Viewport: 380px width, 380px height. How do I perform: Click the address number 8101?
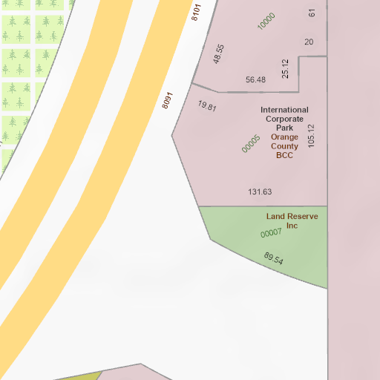coord(197,13)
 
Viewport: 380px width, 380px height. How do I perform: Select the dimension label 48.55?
coord(218,53)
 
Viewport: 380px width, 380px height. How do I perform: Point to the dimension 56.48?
coord(255,79)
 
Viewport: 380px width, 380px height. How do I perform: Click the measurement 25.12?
coord(285,69)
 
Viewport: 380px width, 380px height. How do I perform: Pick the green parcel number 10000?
coord(266,22)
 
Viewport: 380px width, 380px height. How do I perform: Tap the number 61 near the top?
coord(312,13)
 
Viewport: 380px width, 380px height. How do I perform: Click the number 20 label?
coord(309,42)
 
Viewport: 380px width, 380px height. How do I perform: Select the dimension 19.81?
coord(207,106)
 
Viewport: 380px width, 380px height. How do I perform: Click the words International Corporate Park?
coord(284,119)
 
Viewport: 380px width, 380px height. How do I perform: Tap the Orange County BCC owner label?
coord(284,146)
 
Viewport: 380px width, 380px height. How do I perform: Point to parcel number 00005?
coord(251,143)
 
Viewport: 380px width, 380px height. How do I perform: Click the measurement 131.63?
coord(260,191)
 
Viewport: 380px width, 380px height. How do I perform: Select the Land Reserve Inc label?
coord(292,220)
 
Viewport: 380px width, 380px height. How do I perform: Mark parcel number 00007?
coord(271,233)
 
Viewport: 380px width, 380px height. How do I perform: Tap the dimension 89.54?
coord(273,259)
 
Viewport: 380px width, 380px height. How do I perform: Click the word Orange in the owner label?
coord(284,137)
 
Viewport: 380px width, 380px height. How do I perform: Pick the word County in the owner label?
coord(284,146)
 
